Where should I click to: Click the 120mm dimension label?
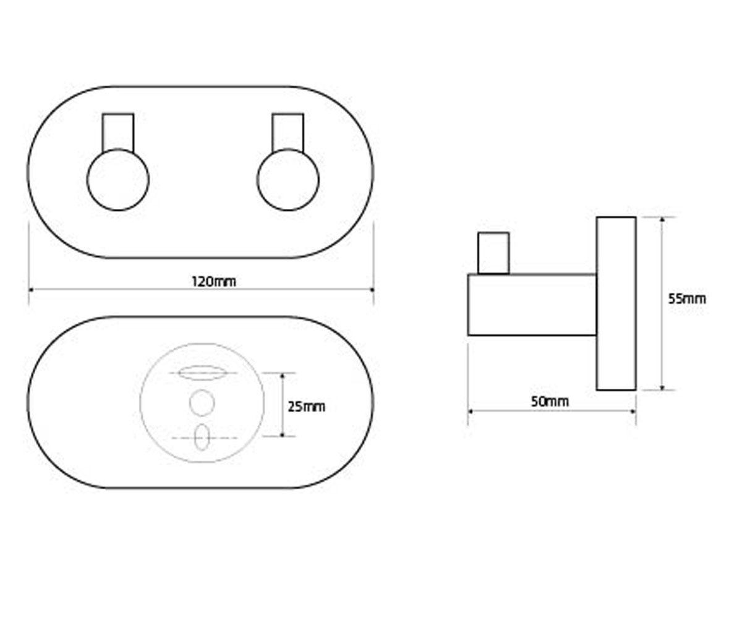click(x=213, y=282)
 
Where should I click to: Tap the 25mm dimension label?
click(x=306, y=407)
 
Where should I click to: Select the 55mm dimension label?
click(x=687, y=298)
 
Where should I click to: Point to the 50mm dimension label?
click(x=550, y=402)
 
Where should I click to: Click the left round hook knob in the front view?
click(x=118, y=180)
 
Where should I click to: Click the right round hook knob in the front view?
click(x=288, y=180)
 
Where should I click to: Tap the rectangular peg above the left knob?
click(x=118, y=132)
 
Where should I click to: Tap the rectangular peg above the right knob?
click(x=288, y=132)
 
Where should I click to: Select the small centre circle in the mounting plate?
click(x=202, y=403)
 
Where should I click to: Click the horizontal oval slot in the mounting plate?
click(x=202, y=373)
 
